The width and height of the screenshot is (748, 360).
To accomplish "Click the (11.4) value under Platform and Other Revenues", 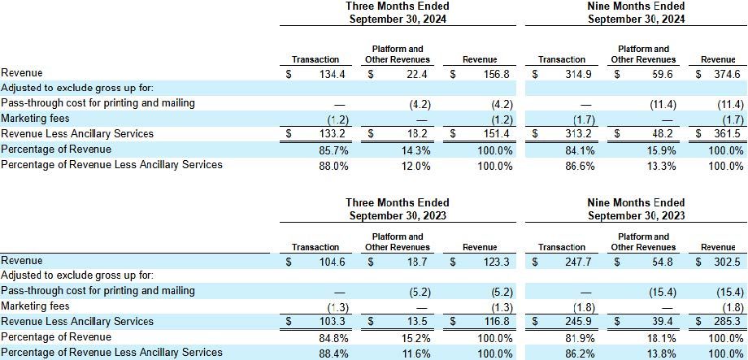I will tap(650, 103).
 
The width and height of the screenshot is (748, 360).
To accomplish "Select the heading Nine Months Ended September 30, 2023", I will tap(636, 209).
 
